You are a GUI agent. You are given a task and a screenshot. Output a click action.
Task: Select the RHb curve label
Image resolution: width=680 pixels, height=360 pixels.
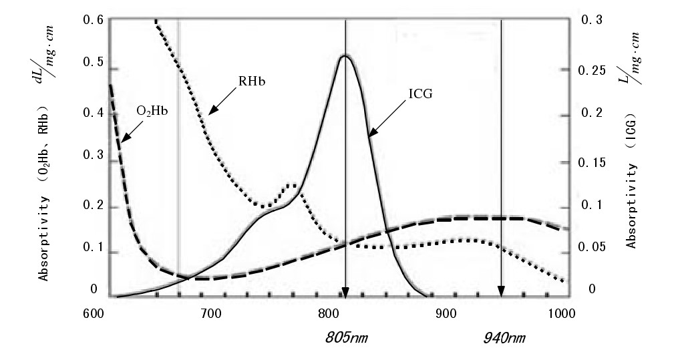pyautogui.click(x=248, y=81)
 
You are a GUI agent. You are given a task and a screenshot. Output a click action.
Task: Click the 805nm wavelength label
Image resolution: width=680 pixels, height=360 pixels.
pyautogui.click(x=345, y=338)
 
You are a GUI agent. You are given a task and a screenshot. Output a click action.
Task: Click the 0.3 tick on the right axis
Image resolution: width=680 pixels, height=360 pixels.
pyautogui.click(x=590, y=20)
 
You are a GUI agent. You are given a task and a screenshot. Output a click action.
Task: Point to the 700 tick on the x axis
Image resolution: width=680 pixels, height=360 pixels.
pyautogui.click(x=212, y=313)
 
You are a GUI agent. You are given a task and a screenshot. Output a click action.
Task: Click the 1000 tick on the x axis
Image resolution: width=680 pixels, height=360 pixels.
pyautogui.click(x=558, y=313)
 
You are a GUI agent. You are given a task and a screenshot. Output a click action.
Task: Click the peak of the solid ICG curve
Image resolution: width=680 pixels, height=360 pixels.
pyautogui.click(x=345, y=55)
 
